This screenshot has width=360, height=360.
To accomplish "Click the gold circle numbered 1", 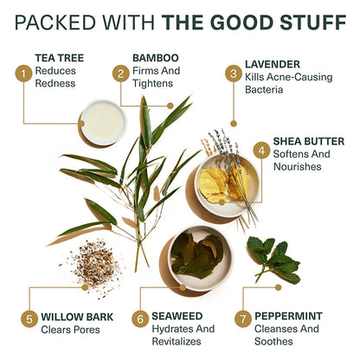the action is [x=23, y=74].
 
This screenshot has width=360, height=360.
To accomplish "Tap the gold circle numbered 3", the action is [x=234, y=74].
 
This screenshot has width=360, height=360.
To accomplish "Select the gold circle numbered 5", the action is [x=29, y=319].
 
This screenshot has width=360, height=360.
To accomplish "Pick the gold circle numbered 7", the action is [x=243, y=319].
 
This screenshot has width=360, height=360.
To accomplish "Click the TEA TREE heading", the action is [x=60, y=58].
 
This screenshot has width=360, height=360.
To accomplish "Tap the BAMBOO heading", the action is [x=156, y=58].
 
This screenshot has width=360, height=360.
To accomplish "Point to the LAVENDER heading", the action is [x=273, y=64].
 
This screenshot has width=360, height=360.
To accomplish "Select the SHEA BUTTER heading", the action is [x=309, y=141].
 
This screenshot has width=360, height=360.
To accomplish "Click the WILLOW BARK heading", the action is [x=77, y=317].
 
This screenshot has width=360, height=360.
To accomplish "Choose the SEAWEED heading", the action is [x=177, y=316].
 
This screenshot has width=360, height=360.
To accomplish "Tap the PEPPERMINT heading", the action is [x=288, y=316].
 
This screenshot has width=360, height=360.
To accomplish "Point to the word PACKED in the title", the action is [x=55, y=22].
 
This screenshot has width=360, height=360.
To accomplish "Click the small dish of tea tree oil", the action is [x=103, y=123].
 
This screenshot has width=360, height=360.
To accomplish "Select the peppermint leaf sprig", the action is [x=273, y=260].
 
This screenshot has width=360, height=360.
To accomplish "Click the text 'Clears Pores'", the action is [x=70, y=330].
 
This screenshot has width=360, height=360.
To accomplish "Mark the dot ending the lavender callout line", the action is [x=234, y=124].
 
